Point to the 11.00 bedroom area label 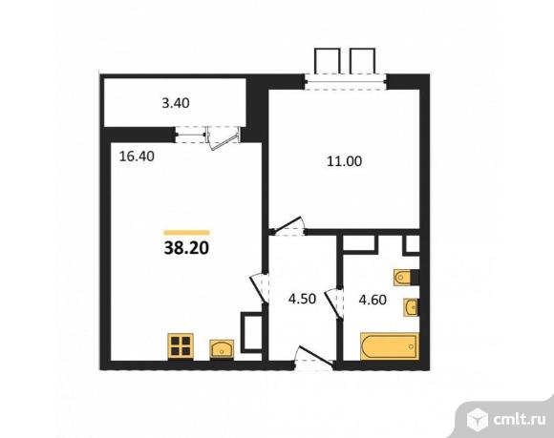click(x=343, y=162)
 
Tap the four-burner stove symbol click(x=181, y=344)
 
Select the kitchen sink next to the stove click(x=221, y=344)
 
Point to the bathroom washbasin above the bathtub click(x=411, y=307)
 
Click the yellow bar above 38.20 click(x=186, y=232)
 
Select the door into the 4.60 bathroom click(x=334, y=302)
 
